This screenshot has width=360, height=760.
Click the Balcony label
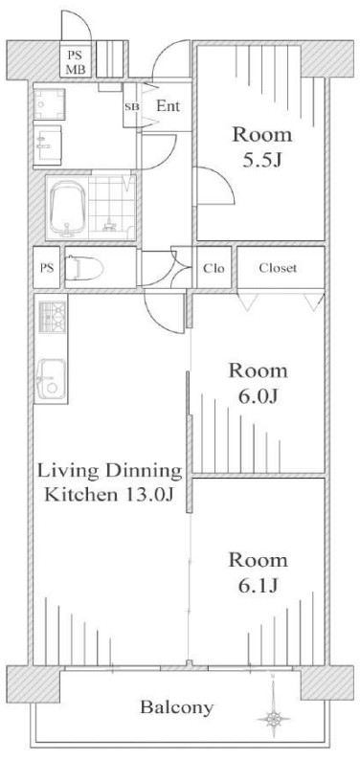(177, 707)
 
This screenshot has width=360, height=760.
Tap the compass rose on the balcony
(274, 717)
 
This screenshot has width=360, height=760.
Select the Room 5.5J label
(262, 146)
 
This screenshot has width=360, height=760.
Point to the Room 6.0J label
(259, 384)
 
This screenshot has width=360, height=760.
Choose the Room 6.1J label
(259, 572)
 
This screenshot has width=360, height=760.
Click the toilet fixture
(84, 268)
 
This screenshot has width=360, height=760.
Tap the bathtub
(68, 208)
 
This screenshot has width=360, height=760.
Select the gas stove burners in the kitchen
(52, 317)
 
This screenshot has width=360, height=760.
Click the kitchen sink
(52, 379)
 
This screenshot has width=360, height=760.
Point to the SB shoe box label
(131, 107)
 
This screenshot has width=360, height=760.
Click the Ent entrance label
(169, 106)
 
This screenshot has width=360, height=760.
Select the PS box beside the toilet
(47, 268)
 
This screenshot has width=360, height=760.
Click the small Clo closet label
(214, 268)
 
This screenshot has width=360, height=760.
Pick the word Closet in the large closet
(278, 268)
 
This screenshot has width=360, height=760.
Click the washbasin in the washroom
(48, 145)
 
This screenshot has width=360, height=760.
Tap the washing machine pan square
(49, 102)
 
